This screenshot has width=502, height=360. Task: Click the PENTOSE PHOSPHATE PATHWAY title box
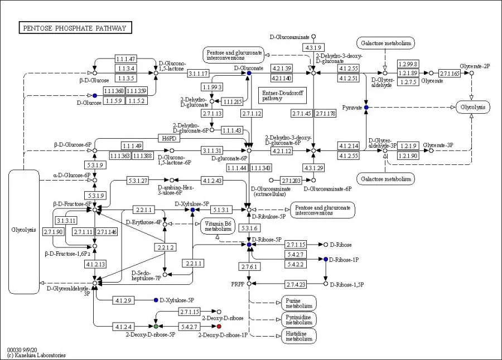pos(75,28)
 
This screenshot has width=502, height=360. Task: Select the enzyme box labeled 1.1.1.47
pos(126,59)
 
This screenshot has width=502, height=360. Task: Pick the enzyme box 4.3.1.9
pos(313,47)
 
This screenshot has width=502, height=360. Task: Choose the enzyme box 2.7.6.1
pos(249,267)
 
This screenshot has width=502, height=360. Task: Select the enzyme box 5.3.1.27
pos(137,180)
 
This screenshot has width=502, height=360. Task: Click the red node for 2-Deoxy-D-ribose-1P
pos(219,326)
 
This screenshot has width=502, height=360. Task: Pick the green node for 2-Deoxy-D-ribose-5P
pos(156,326)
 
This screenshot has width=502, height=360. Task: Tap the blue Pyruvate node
pos(366,107)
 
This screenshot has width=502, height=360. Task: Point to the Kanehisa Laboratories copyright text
pos(36,355)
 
